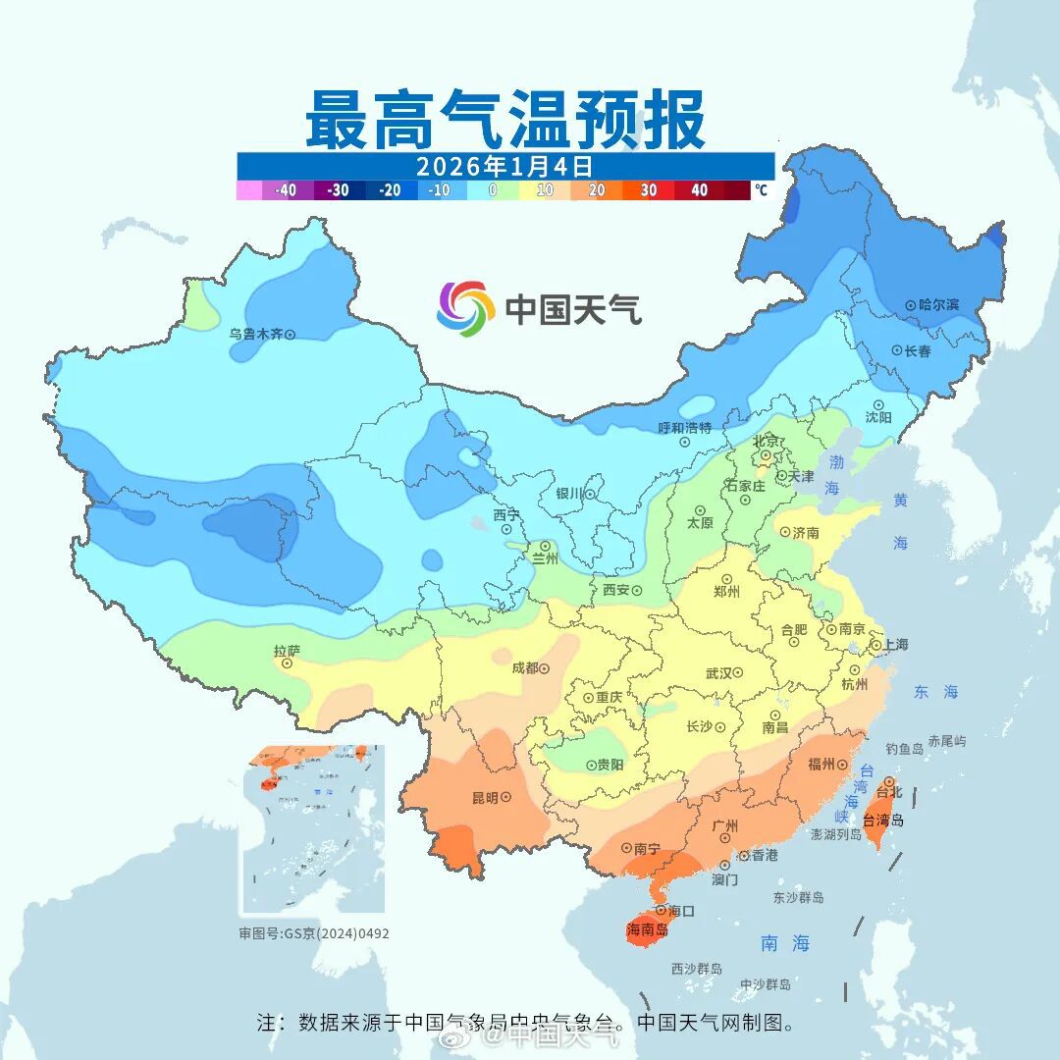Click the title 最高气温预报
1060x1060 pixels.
click(x=504, y=119)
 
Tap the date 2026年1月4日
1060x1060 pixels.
click(x=504, y=165)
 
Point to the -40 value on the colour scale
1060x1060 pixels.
click(x=287, y=190)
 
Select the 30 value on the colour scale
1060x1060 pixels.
click(x=649, y=190)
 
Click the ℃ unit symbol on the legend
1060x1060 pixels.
click(x=762, y=190)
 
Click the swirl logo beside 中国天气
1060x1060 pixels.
click(x=465, y=308)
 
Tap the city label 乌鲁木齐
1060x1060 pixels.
click(x=255, y=334)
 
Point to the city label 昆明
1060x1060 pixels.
click(x=484, y=797)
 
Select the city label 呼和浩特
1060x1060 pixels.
click(x=684, y=428)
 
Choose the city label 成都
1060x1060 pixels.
click(x=524, y=668)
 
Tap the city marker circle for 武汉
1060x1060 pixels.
click(x=737, y=673)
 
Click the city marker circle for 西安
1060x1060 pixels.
click(x=636, y=591)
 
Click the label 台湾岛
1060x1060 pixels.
click(x=882, y=821)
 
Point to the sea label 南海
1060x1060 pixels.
click(x=785, y=943)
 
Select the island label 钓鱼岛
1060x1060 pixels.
click(x=904, y=749)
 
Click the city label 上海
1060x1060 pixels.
click(x=895, y=645)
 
